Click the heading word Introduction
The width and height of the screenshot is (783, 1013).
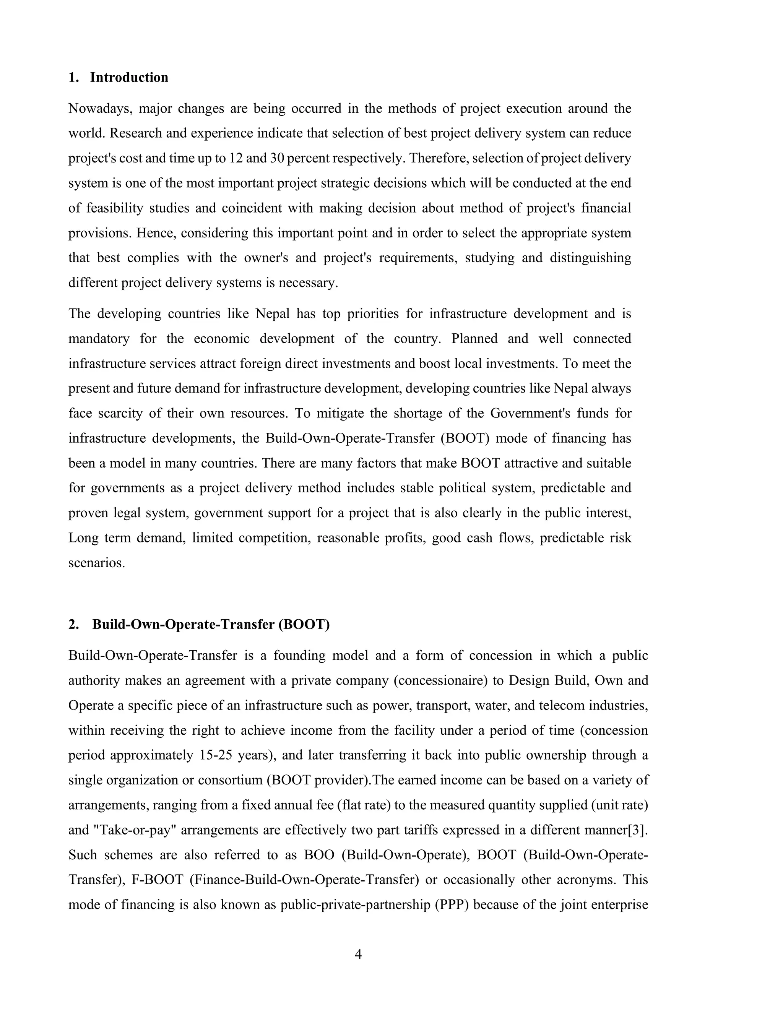129,78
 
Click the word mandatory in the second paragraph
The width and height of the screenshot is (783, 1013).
99,339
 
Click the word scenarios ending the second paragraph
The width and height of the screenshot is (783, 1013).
96,563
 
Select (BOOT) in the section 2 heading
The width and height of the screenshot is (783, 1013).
304,625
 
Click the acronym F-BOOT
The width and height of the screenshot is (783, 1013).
158,880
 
